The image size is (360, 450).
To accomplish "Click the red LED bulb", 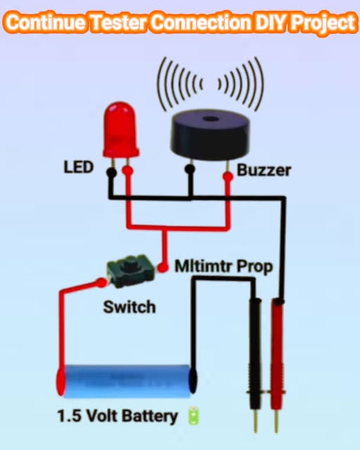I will point(120,129).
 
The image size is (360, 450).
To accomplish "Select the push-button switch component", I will point(128,271).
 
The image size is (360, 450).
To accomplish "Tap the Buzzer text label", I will point(264,170).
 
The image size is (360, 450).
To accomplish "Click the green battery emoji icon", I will point(194,416).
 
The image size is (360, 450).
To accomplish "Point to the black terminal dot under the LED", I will point(111,172).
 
